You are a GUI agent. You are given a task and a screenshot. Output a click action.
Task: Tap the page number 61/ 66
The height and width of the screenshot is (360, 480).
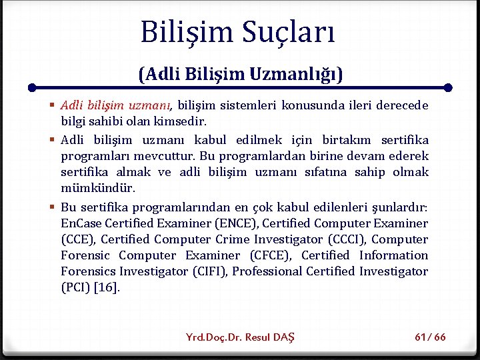click(430, 337)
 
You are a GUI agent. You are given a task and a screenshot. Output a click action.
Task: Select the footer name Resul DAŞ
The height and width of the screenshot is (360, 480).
click(270, 337)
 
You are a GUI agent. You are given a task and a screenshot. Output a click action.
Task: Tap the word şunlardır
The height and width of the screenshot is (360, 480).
click(401, 207)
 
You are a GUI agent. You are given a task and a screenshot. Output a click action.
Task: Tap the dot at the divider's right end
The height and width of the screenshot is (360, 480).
click(448, 87)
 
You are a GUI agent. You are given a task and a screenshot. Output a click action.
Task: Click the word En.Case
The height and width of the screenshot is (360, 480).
click(80, 223)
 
